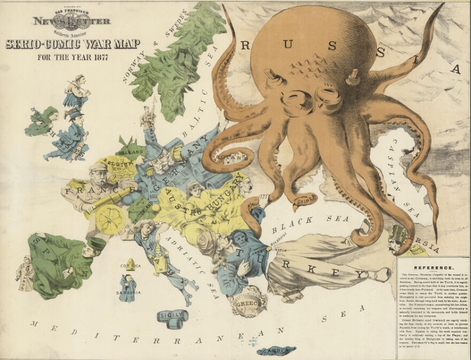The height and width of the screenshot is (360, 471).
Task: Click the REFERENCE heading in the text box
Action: pyautogui.click(x=434, y=267)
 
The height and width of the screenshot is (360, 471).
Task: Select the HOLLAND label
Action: pyautogui.click(x=131, y=152)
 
